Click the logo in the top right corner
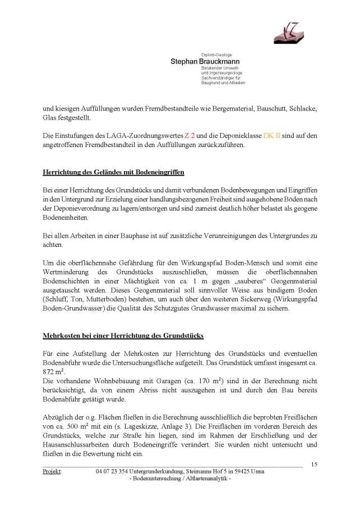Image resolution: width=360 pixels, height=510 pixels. (288, 31)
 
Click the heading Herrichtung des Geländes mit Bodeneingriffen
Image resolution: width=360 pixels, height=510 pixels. (114, 171)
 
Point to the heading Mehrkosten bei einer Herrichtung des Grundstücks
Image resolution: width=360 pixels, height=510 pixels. (123, 336)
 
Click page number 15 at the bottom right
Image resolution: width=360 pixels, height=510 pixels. (313, 464)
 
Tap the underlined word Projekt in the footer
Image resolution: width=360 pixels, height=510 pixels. (52, 471)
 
